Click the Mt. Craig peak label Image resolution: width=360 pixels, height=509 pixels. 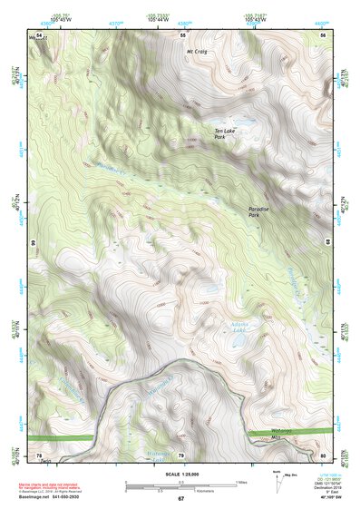[197, 52]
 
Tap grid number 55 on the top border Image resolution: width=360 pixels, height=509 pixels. [181, 34]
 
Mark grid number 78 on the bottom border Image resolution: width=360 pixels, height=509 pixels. [40, 455]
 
